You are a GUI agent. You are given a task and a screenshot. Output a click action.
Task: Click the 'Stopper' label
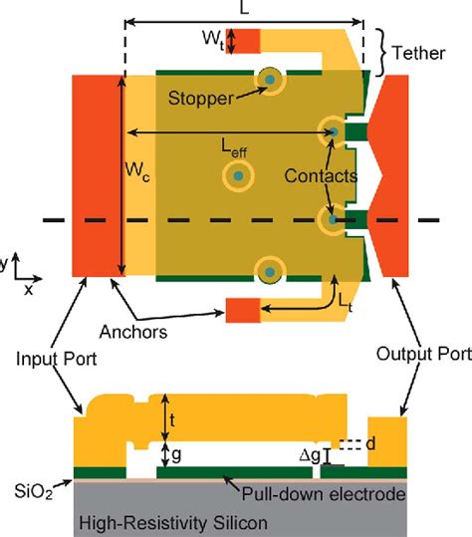coord(201,100)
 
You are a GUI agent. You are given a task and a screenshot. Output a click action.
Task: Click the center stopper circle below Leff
coord(239,176)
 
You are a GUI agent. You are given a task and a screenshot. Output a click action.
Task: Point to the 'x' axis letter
coord(28,290)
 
